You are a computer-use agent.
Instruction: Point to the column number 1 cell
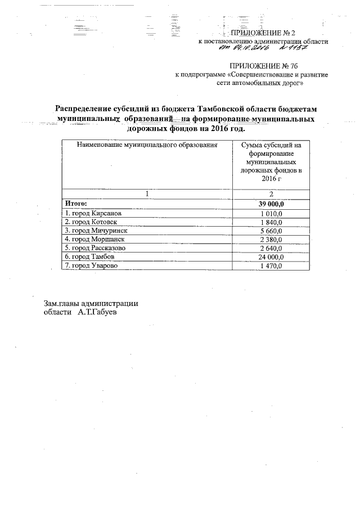click(147, 193)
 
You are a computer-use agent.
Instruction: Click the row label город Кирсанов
click(93, 213)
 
